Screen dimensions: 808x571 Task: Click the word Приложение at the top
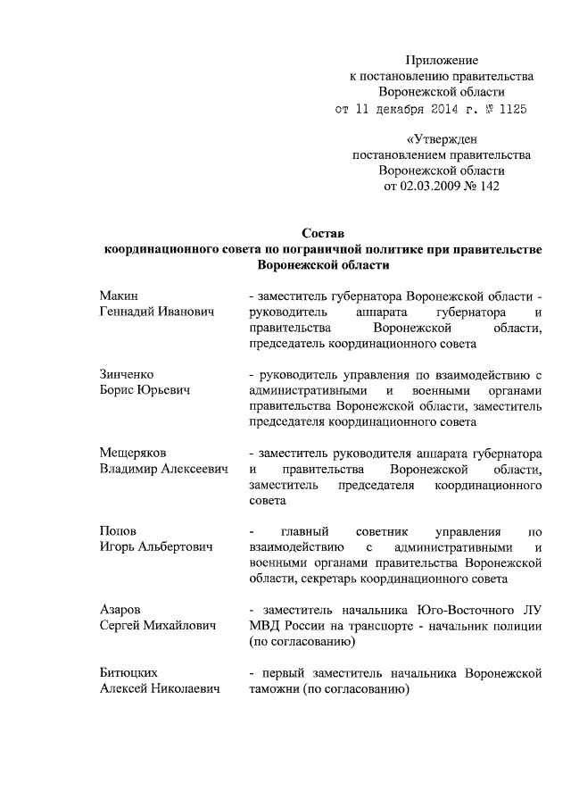click(x=443, y=61)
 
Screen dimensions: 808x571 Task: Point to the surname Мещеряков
click(x=133, y=453)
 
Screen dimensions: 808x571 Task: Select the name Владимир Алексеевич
click(x=163, y=469)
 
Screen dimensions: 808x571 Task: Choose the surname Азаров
click(x=120, y=610)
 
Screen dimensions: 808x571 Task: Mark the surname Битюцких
click(x=130, y=672)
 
